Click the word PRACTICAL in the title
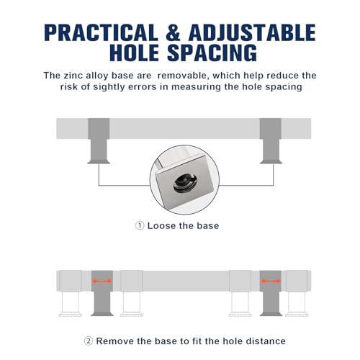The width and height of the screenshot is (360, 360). pos(101,32)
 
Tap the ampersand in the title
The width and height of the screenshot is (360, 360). pos(173,32)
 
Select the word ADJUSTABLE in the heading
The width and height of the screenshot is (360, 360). pos(252,32)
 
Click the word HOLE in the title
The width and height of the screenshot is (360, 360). pos(134,53)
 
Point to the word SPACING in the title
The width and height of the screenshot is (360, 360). pos(212,53)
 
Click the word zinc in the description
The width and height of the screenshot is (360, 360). pos(72,76)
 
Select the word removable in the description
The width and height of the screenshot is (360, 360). pos(182,76)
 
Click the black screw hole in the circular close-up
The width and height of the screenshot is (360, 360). pos(186,183)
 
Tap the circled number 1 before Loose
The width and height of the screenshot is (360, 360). pos(140,225)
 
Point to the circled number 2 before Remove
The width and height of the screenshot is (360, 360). pos(89,341)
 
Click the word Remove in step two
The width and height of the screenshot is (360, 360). pos(114,341)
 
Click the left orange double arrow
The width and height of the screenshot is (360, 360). pos(102,281)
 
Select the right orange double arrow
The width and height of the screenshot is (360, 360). pos(271,281)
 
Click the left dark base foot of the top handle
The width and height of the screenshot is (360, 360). pos(99,141)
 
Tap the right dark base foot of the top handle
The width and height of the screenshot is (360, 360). pos(271,141)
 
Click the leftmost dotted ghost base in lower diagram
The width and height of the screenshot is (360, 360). pos(71,293)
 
